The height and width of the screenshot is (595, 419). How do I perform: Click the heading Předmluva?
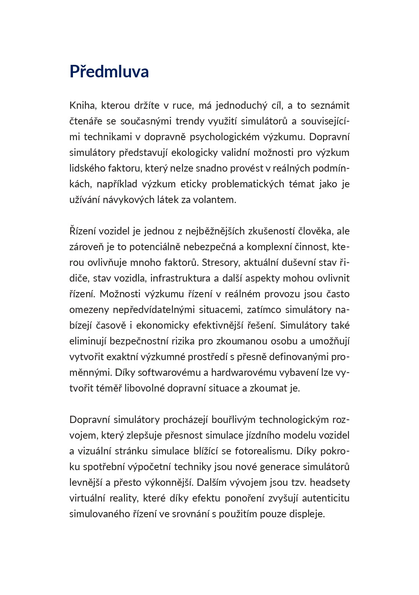tap(109, 71)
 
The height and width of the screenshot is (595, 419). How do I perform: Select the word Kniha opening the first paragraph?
tap(82, 106)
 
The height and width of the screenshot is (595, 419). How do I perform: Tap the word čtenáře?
tap(85, 121)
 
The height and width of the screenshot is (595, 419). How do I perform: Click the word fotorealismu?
tap(263, 451)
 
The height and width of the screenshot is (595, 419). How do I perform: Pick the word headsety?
tap(330, 483)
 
